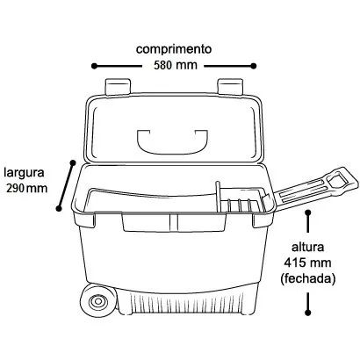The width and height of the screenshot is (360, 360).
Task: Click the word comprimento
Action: point(174,49)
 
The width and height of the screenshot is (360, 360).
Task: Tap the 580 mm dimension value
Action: point(176,65)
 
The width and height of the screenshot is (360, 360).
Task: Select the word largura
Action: point(24,173)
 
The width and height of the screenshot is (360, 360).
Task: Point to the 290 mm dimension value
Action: point(27,188)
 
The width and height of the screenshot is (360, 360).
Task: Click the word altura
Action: point(307,247)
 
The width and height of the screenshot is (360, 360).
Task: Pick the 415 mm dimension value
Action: point(307,263)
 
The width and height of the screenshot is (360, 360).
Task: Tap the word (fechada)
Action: point(307,278)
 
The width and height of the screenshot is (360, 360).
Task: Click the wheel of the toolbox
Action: point(97,301)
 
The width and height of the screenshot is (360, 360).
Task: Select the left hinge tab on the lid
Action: point(118,86)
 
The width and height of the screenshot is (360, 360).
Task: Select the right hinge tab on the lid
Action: point(230,86)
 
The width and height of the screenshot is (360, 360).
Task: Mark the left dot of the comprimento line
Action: point(94,66)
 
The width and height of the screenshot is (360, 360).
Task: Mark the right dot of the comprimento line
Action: point(254,66)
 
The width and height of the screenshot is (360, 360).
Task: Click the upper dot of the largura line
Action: point(73,162)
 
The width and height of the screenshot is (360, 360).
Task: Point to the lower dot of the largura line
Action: point(59,208)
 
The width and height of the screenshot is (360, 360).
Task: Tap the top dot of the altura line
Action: point(307,212)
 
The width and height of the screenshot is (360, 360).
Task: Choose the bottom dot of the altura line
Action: point(307,313)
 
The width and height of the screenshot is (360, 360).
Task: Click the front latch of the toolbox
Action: point(174,222)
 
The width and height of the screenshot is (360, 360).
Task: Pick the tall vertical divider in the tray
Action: point(218,197)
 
